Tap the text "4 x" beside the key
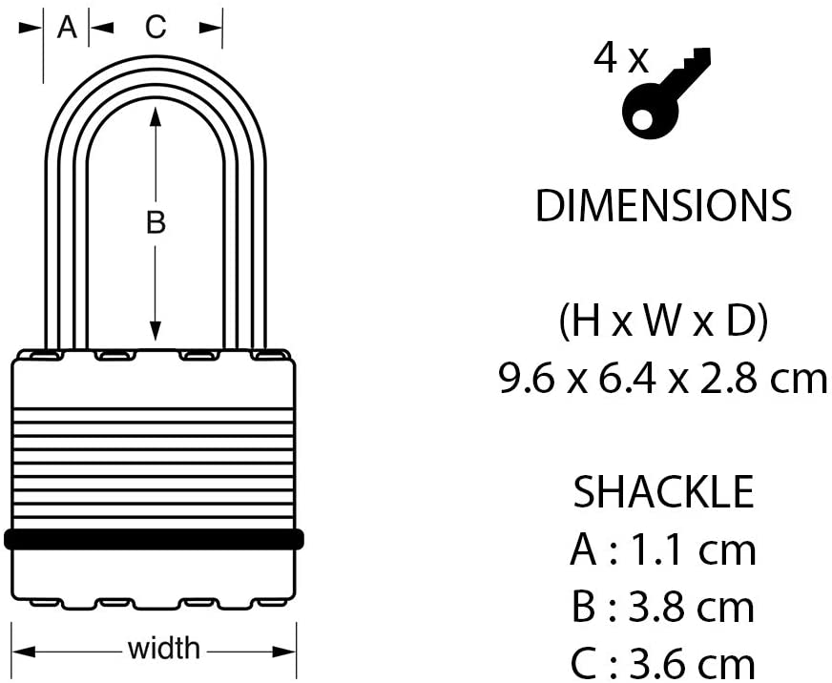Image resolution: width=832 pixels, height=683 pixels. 620,60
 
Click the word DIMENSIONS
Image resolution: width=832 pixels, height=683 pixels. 664,207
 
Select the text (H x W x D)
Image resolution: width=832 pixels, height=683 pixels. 663,323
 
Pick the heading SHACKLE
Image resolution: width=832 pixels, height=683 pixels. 663,493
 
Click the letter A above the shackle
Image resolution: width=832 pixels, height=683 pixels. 66,28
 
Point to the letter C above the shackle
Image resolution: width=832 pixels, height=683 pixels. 155,28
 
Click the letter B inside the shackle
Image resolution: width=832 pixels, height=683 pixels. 156,223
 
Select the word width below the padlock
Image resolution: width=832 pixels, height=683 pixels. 164,650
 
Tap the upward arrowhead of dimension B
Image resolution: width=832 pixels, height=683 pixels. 156,114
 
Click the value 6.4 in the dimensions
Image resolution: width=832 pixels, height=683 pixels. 631,380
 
